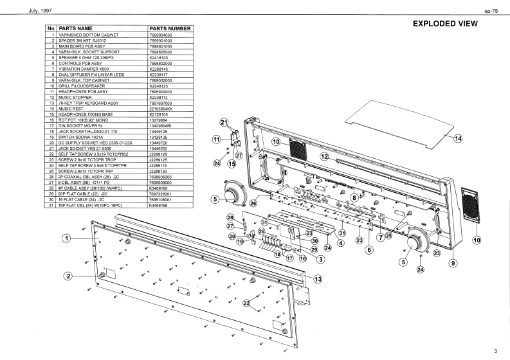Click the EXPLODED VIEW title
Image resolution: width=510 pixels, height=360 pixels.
(445, 23)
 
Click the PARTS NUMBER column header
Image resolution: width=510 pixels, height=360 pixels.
(170, 29)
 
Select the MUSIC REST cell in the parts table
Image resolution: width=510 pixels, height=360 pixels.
(71, 109)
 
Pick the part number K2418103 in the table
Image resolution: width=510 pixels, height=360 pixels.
(159, 58)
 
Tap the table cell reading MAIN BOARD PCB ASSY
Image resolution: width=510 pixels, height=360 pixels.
(82, 46)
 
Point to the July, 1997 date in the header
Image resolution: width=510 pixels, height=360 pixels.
(41, 11)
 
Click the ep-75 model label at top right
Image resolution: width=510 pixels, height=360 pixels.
(491, 11)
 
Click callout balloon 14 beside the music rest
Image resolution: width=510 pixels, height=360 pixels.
(458, 139)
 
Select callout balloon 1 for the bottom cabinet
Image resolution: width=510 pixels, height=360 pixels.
(67, 239)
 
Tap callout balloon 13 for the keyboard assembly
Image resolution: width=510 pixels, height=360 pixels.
(318, 279)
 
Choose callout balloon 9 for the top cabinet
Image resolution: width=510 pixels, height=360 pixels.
(453, 263)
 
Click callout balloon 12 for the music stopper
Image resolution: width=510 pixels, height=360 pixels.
(325, 157)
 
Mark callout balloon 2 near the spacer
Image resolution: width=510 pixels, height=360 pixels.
(68, 276)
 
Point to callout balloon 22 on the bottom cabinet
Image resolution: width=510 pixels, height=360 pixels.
(246, 303)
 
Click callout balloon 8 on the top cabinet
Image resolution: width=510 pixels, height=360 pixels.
(354, 197)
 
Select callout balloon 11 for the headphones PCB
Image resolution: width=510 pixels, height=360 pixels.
(216, 139)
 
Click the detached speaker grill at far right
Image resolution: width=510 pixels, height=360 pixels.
(470, 205)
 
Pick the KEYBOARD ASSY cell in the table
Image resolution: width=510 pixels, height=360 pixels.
(88, 103)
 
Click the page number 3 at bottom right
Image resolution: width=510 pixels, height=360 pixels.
(495, 351)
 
